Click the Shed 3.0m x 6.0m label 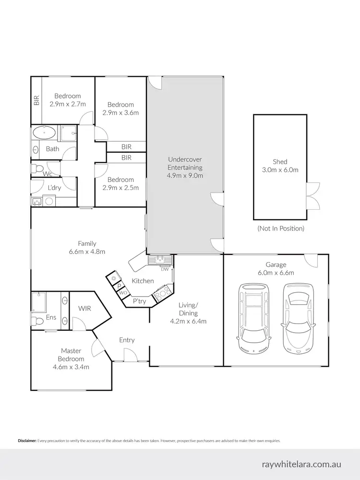click(280, 166)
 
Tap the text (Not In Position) click(281, 228)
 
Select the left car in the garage click(254, 317)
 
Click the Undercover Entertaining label click(185, 168)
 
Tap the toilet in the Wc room click(36, 168)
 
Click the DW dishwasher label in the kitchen click(165, 269)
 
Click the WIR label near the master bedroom click(85, 309)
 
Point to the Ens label click(51, 317)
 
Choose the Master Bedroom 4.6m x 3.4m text click(72, 359)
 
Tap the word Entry click(127, 340)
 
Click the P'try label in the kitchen click(139, 301)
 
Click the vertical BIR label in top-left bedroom click(36, 100)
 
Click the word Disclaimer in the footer click(27, 440)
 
